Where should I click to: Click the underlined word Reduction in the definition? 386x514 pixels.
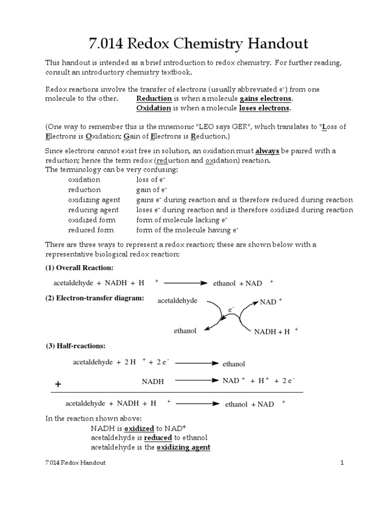155,98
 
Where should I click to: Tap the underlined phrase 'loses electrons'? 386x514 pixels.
265,108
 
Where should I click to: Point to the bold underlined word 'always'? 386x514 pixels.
268,151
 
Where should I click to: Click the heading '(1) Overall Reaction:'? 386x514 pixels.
79,267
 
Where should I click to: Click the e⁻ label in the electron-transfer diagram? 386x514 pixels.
231,310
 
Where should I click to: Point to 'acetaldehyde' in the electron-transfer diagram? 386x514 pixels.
177,301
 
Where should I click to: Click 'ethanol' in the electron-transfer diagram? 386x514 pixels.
185,331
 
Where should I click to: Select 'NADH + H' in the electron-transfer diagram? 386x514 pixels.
273,332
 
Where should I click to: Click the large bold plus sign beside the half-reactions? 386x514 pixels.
58,384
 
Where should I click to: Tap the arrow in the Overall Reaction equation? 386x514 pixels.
185,283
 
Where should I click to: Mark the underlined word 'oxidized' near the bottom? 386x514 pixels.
139,428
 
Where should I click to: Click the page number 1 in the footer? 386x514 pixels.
341,463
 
